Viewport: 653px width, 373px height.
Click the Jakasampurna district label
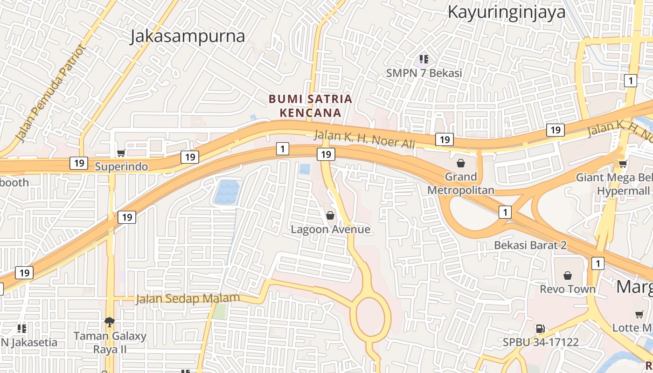(187, 36)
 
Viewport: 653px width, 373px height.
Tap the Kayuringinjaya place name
(507, 12)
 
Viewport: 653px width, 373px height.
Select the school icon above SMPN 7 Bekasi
(424, 59)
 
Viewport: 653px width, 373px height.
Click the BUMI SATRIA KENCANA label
(310, 106)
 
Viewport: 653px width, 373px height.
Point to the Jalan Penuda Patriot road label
(51, 93)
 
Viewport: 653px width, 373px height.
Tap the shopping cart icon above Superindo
(121, 153)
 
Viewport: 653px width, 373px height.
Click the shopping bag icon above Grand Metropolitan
(461, 163)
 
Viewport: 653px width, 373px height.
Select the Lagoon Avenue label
(330, 229)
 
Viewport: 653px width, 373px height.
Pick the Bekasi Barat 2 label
(530, 245)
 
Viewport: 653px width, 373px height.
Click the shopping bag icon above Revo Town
(568, 276)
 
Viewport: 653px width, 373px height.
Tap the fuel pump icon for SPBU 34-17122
(540, 329)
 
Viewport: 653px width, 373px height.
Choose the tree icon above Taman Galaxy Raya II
(110, 322)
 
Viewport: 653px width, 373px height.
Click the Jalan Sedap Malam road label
(188, 298)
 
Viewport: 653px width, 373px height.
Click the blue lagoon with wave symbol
(227, 192)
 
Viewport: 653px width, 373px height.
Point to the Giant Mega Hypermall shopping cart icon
(623, 164)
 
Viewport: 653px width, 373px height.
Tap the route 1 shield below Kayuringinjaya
(630, 81)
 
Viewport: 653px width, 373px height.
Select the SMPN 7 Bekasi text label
(424, 73)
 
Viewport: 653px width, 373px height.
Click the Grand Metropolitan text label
(461, 183)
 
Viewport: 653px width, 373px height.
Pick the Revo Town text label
(568, 289)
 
